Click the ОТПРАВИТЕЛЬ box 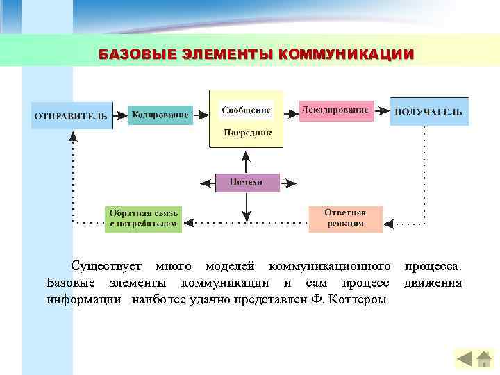click(x=72, y=116)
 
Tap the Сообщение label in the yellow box click(x=247, y=110)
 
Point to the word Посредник click(x=247, y=132)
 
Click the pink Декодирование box click(x=335, y=110)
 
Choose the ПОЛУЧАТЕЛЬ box click(x=428, y=112)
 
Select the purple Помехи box click(x=247, y=182)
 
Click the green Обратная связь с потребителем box click(x=144, y=219)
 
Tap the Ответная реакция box click(x=345, y=219)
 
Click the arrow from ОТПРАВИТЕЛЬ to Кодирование click(x=121, y=115)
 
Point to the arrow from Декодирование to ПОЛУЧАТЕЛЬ click(x=381, y=110)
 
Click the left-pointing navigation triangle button click(x=465, y=359)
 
